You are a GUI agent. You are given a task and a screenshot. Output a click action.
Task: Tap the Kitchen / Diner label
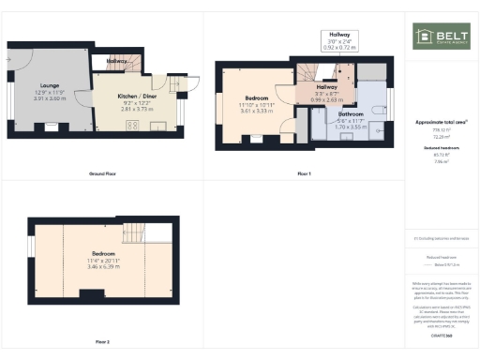click(x=137, y=96)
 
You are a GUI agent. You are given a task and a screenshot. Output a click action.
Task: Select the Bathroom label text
click(x=351, y=113)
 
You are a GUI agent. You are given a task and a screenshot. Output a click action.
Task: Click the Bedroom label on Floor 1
click(x=258, y=97)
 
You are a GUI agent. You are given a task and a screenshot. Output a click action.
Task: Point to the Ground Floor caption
click(x=102, y=174)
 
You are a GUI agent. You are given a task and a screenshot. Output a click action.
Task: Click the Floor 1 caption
click(x=303, y=174)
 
